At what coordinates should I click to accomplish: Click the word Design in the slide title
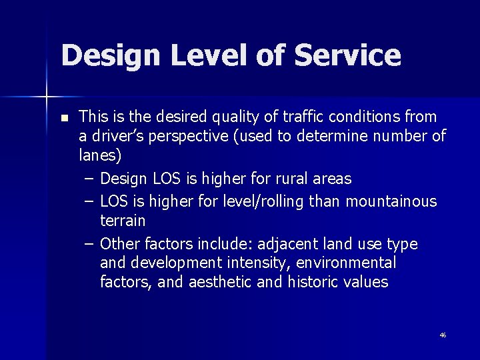pos(109,56)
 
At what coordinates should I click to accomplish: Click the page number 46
pos(443,335)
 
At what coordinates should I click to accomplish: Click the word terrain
pos(123,221)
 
